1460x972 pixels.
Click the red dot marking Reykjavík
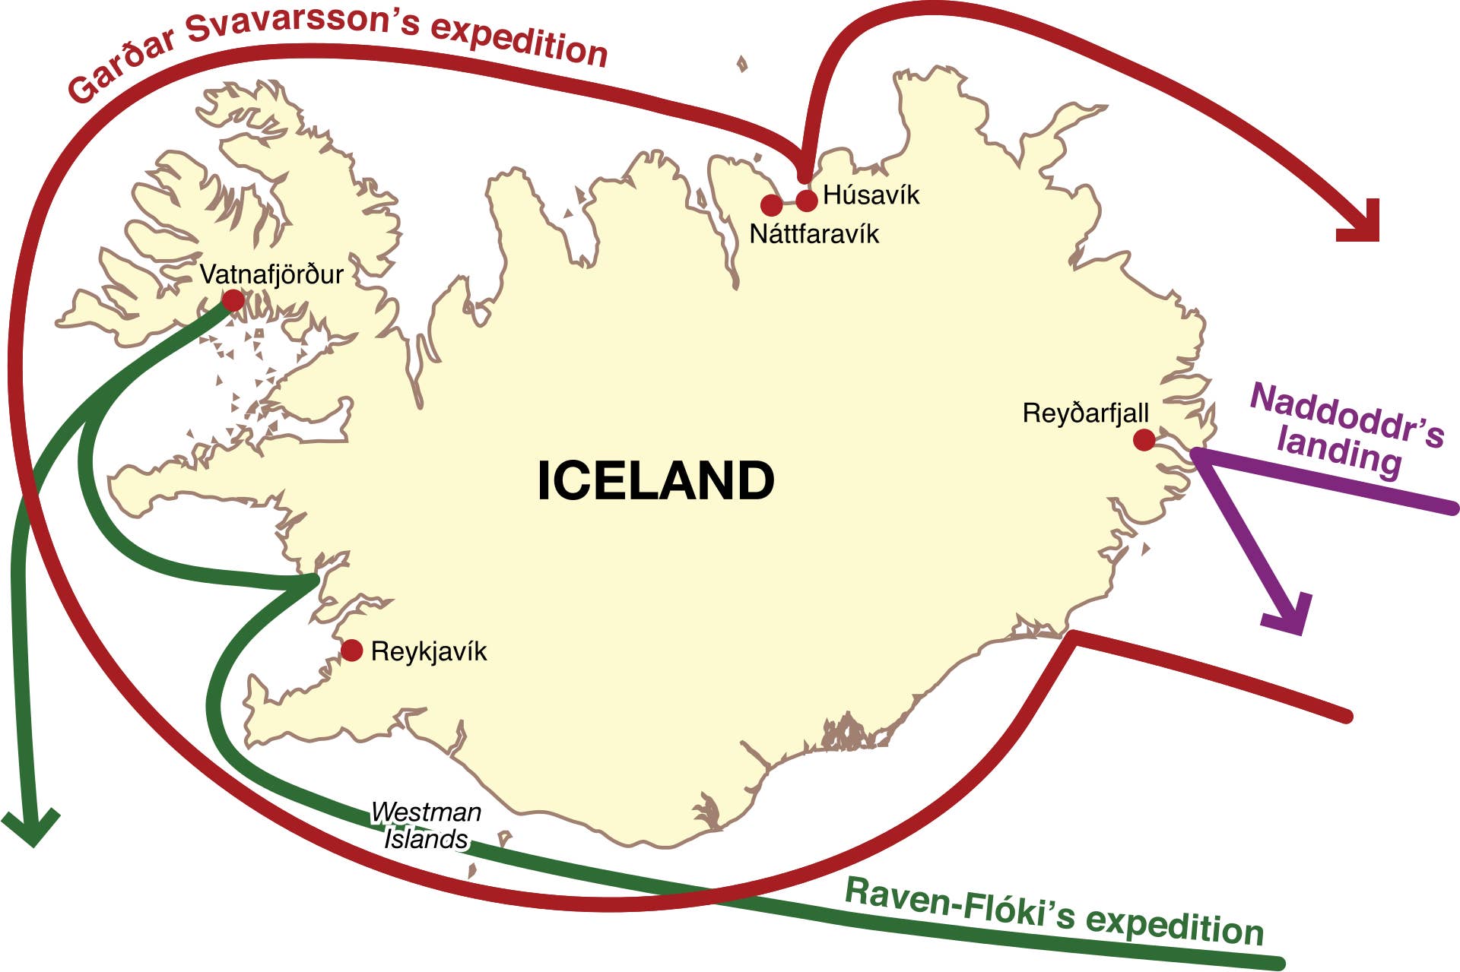click(351, 651)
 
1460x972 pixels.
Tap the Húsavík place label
click(871, 195)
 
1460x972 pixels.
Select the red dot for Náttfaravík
click(771, 204)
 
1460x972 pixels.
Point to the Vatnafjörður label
click(271, 274)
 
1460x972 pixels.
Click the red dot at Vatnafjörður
click(233, 300)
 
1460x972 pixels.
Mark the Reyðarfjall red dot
click(1144, 440)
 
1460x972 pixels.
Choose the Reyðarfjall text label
click(1085, 413)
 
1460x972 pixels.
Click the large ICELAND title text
click(655, 480)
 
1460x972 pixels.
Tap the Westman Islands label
click(426, 825)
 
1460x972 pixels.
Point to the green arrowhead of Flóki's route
click(31, 828)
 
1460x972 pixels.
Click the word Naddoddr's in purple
click(1347, 415)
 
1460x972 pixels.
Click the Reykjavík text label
click(429, 651)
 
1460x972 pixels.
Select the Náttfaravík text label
click(814, 234)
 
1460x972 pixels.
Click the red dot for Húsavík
click(806, 200)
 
